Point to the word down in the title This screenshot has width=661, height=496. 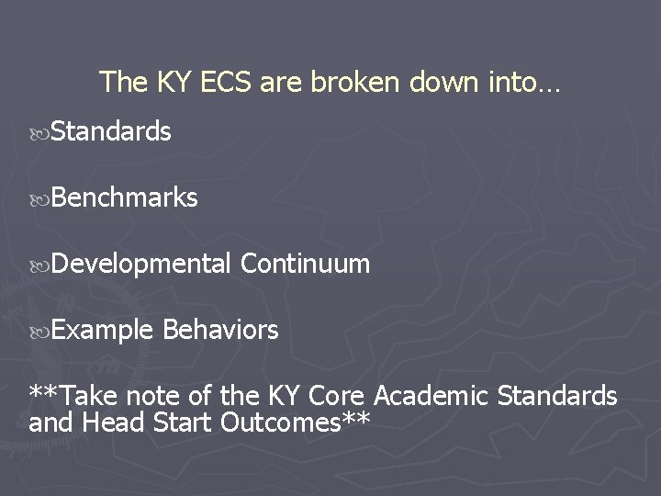pos(440,83)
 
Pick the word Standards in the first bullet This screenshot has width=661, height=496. pos(111,132)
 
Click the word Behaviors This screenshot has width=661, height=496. pos(220,330)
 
